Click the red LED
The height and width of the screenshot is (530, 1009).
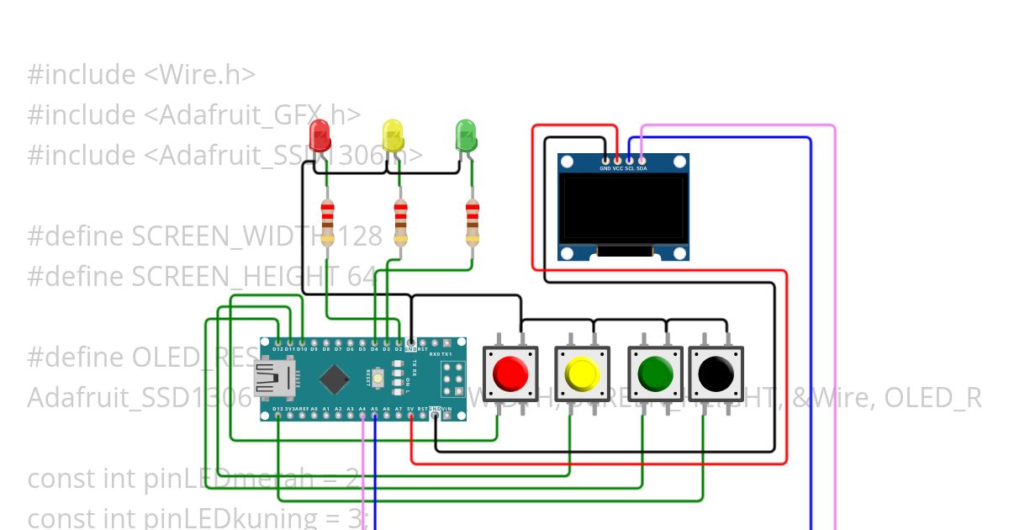coord(320,135)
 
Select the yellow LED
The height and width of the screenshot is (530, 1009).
coord(393,135)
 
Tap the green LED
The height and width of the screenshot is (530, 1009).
coord(465,135)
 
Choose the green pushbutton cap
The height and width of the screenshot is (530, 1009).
coord(656,373)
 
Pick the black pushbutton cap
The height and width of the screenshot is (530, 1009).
coord(716,373)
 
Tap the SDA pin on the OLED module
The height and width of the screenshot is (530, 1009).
coord(642,160)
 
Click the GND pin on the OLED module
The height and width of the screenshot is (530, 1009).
coord(605,160)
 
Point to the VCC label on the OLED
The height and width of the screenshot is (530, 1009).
coord(618,168)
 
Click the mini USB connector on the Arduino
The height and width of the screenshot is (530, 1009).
coord(273,379)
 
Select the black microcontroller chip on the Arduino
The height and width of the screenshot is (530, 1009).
coord(334,379)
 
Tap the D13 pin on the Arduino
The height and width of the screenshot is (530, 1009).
coord(277,415)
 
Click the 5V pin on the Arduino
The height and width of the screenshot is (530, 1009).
coord(410,415)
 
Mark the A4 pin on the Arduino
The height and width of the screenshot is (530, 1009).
coord(362,415)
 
